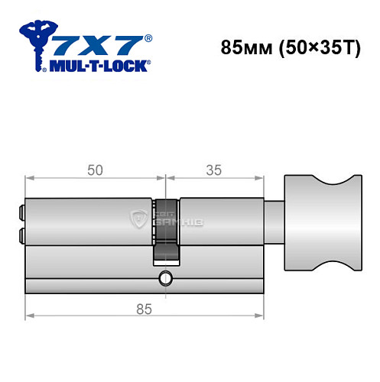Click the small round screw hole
coord(165,277)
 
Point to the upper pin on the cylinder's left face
coord(21,209)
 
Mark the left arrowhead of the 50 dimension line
coord(29,181)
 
